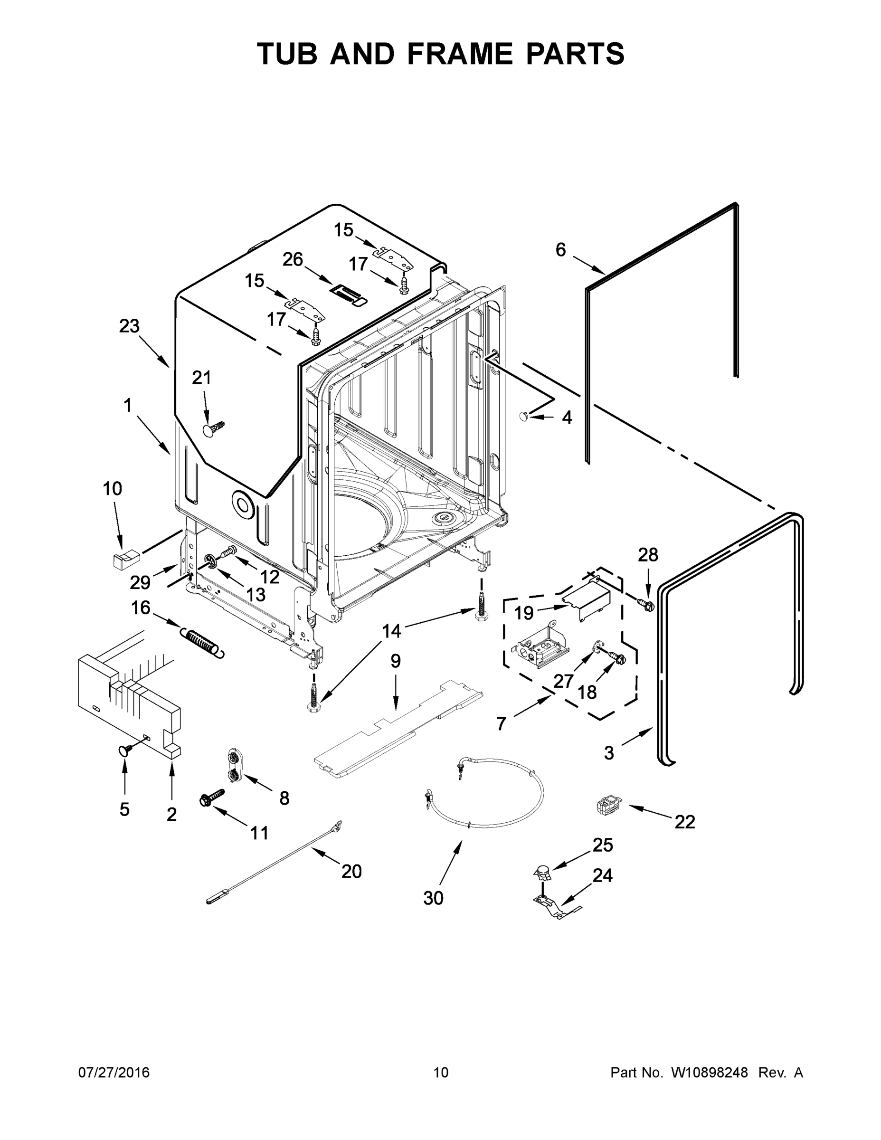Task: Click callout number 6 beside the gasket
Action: (560, 250)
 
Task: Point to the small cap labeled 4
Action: (524, 416)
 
